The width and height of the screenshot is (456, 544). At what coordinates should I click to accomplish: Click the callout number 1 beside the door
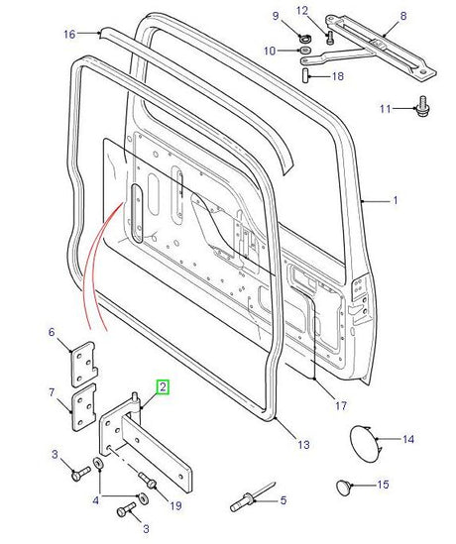pyautogui.click(x=396, y=200)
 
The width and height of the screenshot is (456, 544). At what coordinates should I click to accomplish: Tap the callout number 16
pyautogui.click(x=68, y=35)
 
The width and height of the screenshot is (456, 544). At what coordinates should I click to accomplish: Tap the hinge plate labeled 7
pyautogui.click(x=80, y=408)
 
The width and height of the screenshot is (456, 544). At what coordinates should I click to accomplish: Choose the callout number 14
pyautogui.click(x=408, y=438)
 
